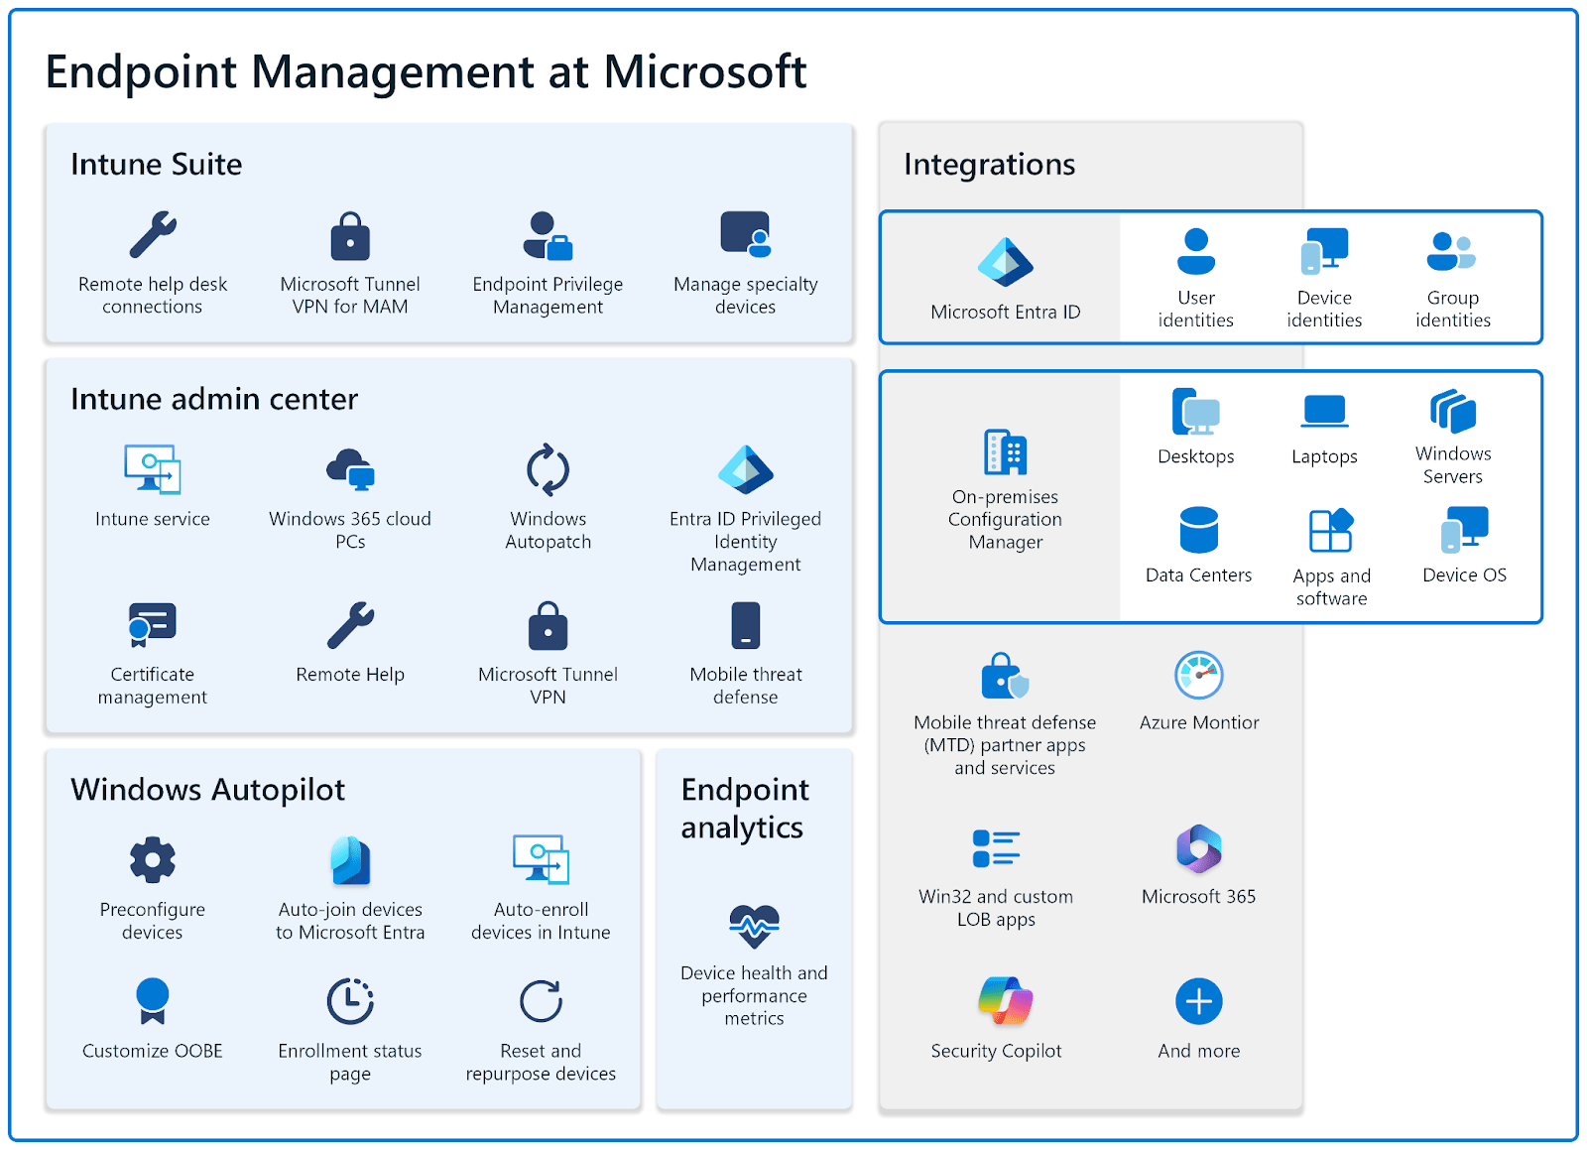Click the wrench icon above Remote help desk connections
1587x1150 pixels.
pos(153,235)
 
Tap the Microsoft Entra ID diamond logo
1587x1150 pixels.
pos(1005,263)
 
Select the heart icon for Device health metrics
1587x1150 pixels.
pos(754,927)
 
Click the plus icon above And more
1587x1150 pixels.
pos(1198,1002)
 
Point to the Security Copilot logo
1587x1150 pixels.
pos(1005,1000)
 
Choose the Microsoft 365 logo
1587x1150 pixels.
pos(1198,849)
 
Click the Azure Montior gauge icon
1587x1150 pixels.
pos(1198,676)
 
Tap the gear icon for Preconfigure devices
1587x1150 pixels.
pos(153,859)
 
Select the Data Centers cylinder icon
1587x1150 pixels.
pos(1198,530)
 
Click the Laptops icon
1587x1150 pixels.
pos(1324,411)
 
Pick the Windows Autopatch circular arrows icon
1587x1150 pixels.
pos(548,469)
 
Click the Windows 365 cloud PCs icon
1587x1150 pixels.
pos(350,469)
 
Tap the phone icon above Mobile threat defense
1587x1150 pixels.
pos(746,625)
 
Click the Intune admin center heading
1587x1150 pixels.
pos(214,399)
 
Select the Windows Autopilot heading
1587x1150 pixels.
pos(208,790)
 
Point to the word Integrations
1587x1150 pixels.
pos(989,165)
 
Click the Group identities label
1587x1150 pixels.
pos(1452,309)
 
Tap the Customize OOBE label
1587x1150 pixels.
pos(153,1051)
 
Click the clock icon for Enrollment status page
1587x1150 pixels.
pos(350,1001)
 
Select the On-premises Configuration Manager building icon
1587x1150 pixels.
pos(1005,452)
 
